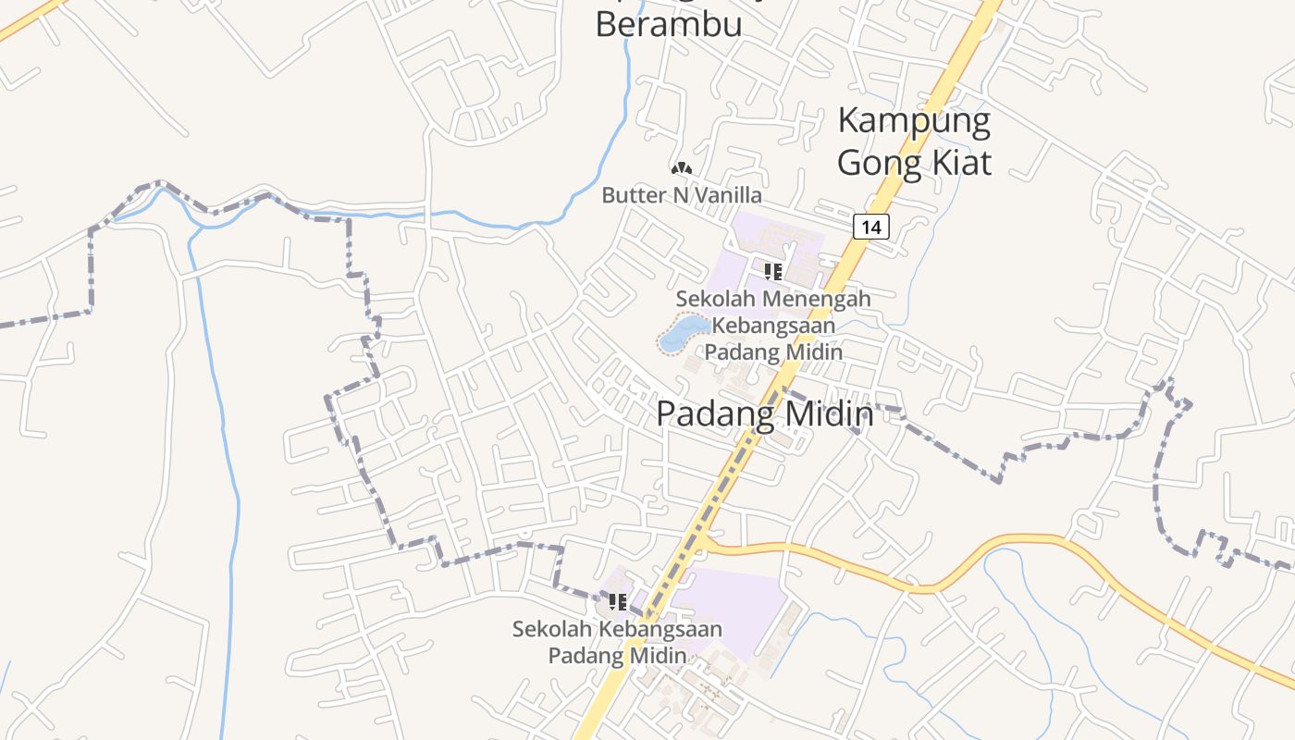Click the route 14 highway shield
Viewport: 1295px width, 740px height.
(870, 227)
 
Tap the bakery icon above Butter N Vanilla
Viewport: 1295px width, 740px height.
(682, 168)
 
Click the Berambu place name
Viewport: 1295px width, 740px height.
(668, 24)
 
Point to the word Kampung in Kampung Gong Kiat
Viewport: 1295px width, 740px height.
(914, 121)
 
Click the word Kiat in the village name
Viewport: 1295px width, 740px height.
(960, 163)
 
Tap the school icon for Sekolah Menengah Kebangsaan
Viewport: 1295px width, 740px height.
(773, 271)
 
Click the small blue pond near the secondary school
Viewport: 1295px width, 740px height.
(683, 332)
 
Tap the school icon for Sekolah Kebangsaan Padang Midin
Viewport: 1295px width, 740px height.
(618, 602)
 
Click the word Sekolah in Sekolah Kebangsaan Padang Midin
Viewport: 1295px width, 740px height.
(553, 629)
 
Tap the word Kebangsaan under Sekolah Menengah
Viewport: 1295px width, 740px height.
(773, 326)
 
